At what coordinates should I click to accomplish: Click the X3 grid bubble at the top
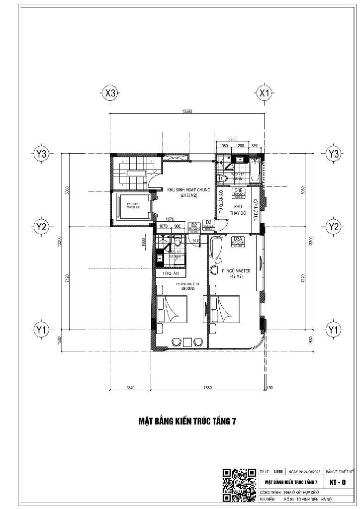tap(110, 93)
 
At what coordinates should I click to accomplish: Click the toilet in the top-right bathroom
tap(223, 178)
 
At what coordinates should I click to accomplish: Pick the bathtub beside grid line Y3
tap(255, 170)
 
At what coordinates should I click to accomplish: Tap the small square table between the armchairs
tap(186, 342)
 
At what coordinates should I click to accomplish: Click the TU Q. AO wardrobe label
tap(171, 273)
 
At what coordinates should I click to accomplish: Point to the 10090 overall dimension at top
tap(187, 112)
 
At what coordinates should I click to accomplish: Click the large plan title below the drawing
tap(187, 421)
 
